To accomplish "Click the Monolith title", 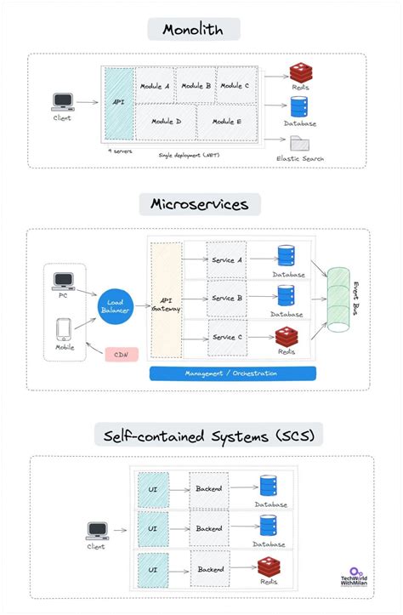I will [x=193, y=29].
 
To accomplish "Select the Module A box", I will [x=154, y=86].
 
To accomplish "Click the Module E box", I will [x=226, y=122].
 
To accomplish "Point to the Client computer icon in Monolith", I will [x=61, y=101].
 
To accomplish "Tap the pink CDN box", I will [x=122, y=353].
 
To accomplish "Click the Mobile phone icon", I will [x=63, y=329].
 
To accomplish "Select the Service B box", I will [x=226, y=299].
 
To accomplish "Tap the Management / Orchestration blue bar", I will [x=232, y=373].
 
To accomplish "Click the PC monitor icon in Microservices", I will [x=63, y=281].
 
